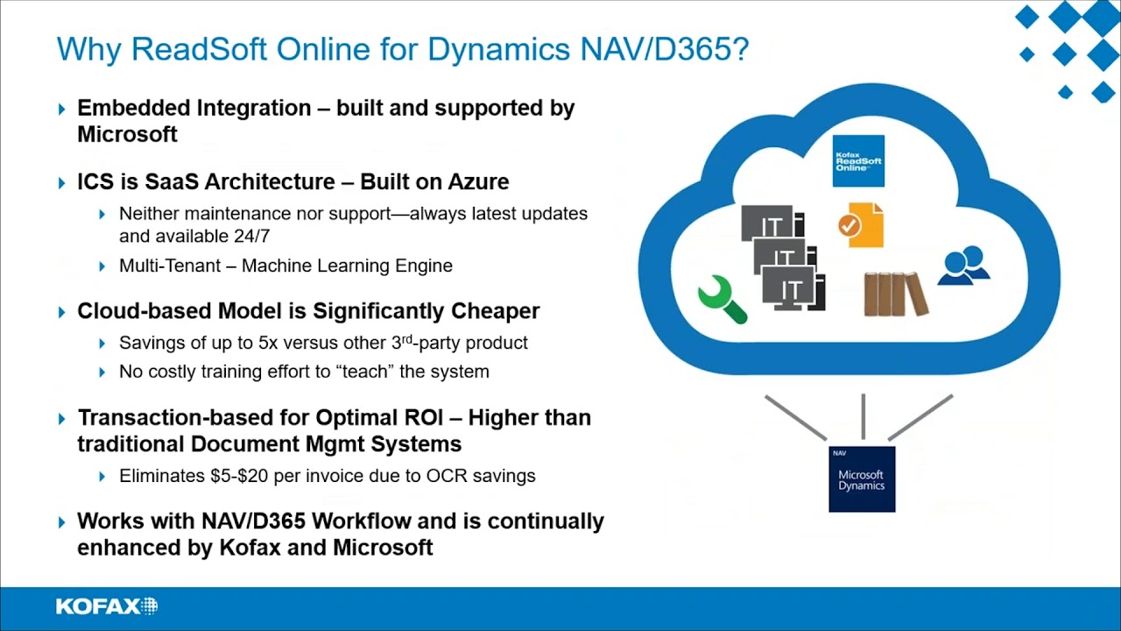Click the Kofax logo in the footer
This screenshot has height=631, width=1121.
(106, 606)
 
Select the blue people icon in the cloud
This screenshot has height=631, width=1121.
(963, 266)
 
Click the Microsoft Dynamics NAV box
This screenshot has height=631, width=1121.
(862, 479)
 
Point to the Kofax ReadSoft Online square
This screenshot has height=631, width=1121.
(857, 160)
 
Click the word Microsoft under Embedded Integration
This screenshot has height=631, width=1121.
(127, 134)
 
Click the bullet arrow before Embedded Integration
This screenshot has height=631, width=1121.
(62, 110)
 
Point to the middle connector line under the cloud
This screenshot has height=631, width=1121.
(864, 416)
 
